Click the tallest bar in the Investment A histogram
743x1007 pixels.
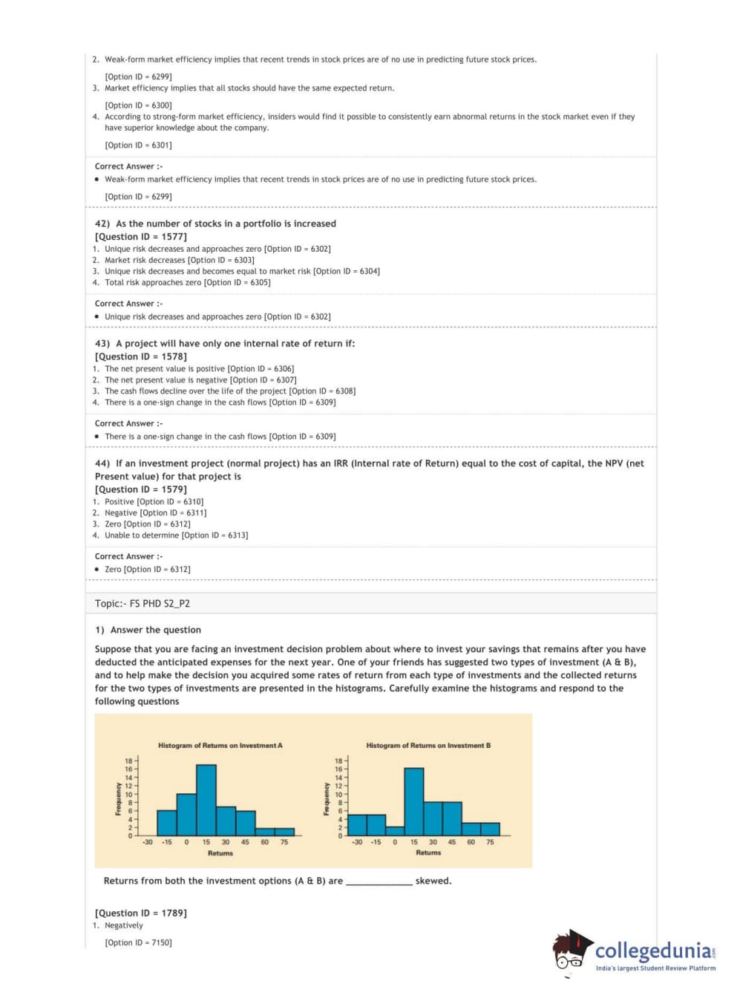click(x=206, y=800)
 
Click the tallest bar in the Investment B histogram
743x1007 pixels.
click(x=414, y=802)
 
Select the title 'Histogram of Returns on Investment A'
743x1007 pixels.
click(x=220, y=746)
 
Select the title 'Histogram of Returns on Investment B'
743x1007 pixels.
click(x=428, y=746)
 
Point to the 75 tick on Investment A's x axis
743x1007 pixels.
click(x=284, y=842)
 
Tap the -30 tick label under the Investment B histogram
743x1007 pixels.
click(x=357, y=842)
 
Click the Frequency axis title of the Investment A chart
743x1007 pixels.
click(x=118, y=799)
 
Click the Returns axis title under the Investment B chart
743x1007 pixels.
click(x=428, y=853)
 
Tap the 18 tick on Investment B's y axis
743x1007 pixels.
click(x=338, y=761)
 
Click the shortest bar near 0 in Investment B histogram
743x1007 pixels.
click(x=395, y=831)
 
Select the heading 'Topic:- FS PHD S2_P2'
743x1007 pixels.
click(x=143, y=604)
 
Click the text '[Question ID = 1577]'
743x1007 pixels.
click(x=141, y=237)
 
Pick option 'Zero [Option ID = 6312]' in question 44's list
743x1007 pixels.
click(x=147, y=524)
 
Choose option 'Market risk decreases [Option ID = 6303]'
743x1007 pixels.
click(x=179, y=261)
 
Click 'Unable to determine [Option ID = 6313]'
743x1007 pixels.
click(x=176, y=535)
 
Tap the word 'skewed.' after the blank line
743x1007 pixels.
click(x=433, y=881)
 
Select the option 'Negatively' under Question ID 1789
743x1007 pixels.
click(x=124, y=926)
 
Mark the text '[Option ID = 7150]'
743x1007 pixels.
click(x=138, y=943)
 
